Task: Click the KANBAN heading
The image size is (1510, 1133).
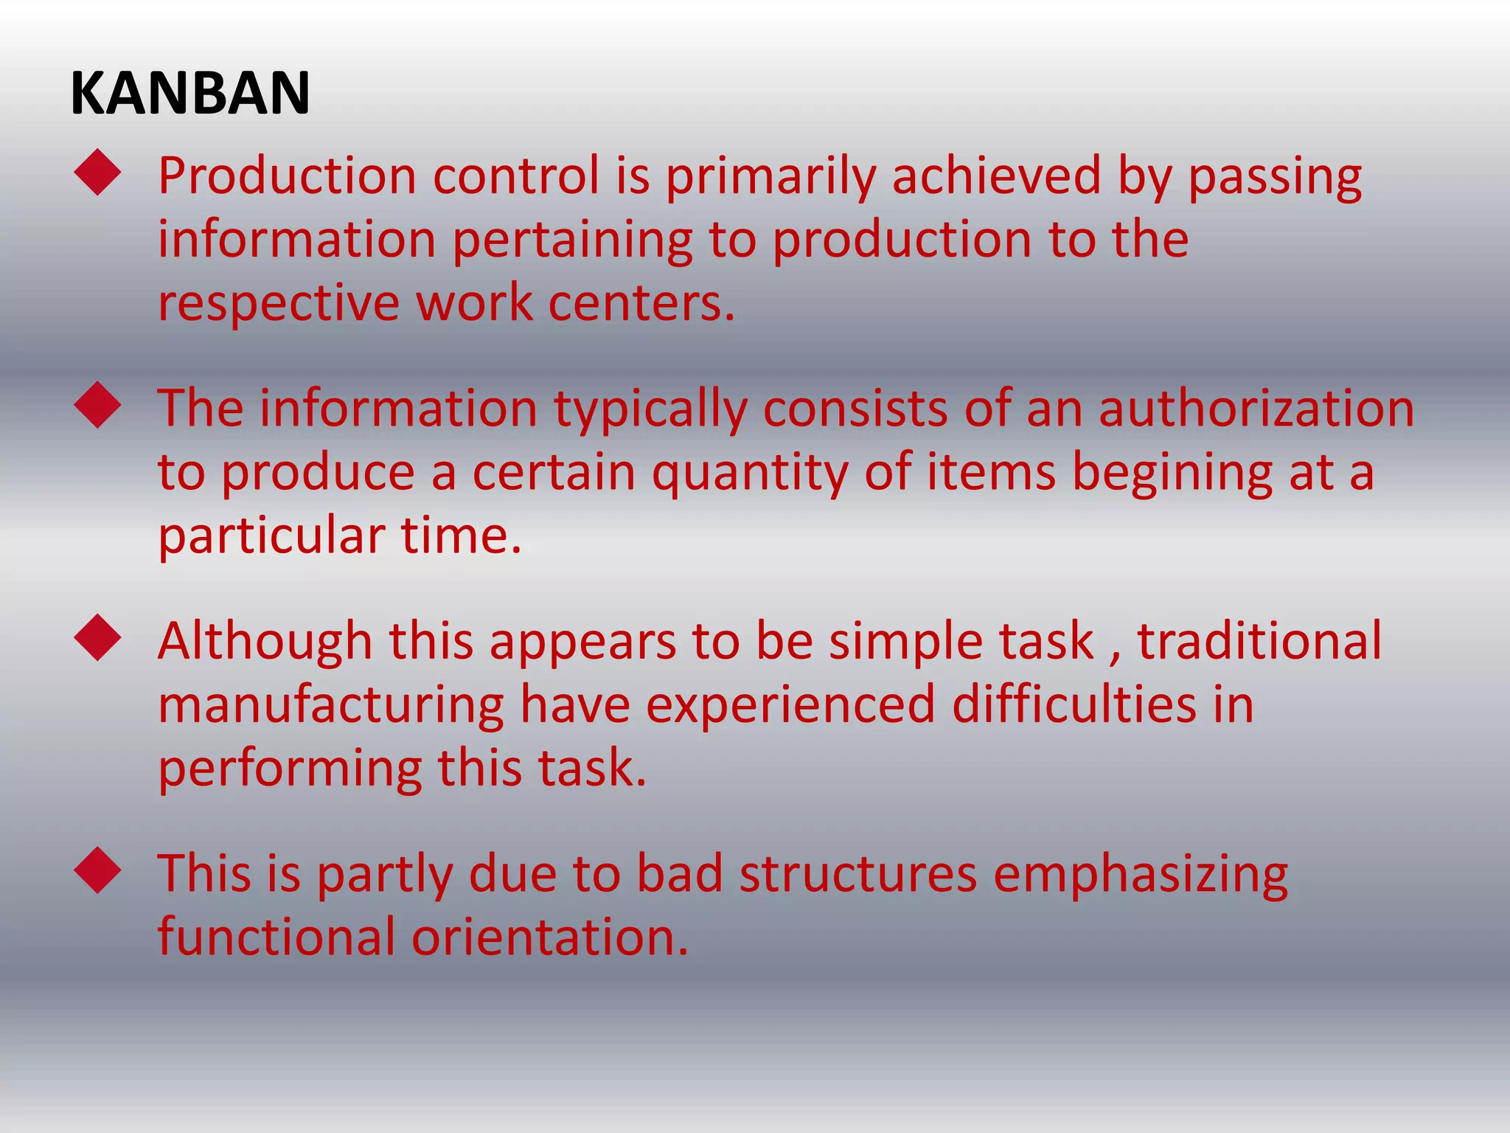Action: pos(190,94)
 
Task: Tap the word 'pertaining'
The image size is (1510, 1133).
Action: pos(572,241)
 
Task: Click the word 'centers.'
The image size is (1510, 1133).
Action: pos(641,303)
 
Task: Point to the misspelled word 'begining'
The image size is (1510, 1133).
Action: pos(1172,473)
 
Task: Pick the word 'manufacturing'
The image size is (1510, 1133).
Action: pos(331,705)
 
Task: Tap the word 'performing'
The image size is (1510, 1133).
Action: pos(290,769)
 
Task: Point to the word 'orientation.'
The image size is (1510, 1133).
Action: pos(549,937)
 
